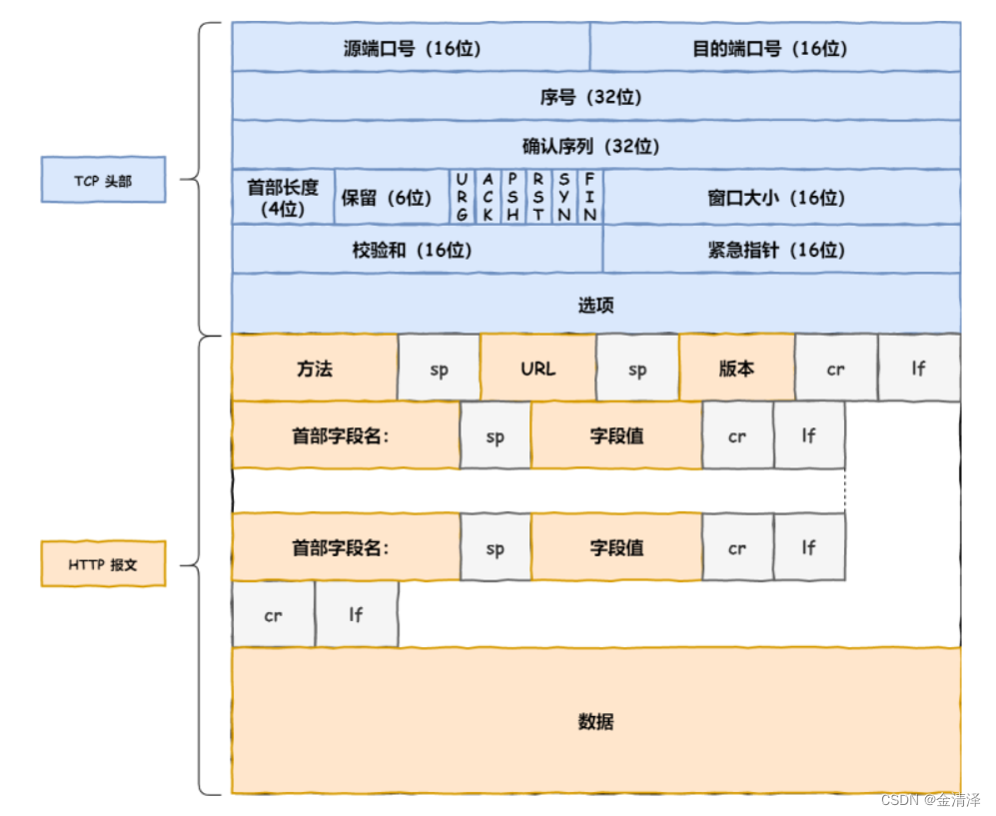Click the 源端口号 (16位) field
click(411, 48)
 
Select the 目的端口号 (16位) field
click(774, 48)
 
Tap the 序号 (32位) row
click(595, 97)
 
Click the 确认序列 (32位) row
click(595, 146)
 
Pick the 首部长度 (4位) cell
click(283, 197)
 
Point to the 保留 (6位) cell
click(391, 197)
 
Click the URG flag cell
click(462, 197)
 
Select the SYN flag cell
click(564, 197)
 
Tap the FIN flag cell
click(590, 197)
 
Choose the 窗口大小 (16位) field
click(781, 197)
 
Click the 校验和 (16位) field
click(417, 249)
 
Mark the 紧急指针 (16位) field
click(781, 249)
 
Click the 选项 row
click(595, 304)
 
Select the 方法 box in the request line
click(315, 369)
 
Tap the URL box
click(537, 369)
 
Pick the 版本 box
click(736, 369)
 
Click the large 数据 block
click(595, 720)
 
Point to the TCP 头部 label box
click(103, 181)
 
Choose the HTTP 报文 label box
click(103, 564)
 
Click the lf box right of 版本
click(918, 369)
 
